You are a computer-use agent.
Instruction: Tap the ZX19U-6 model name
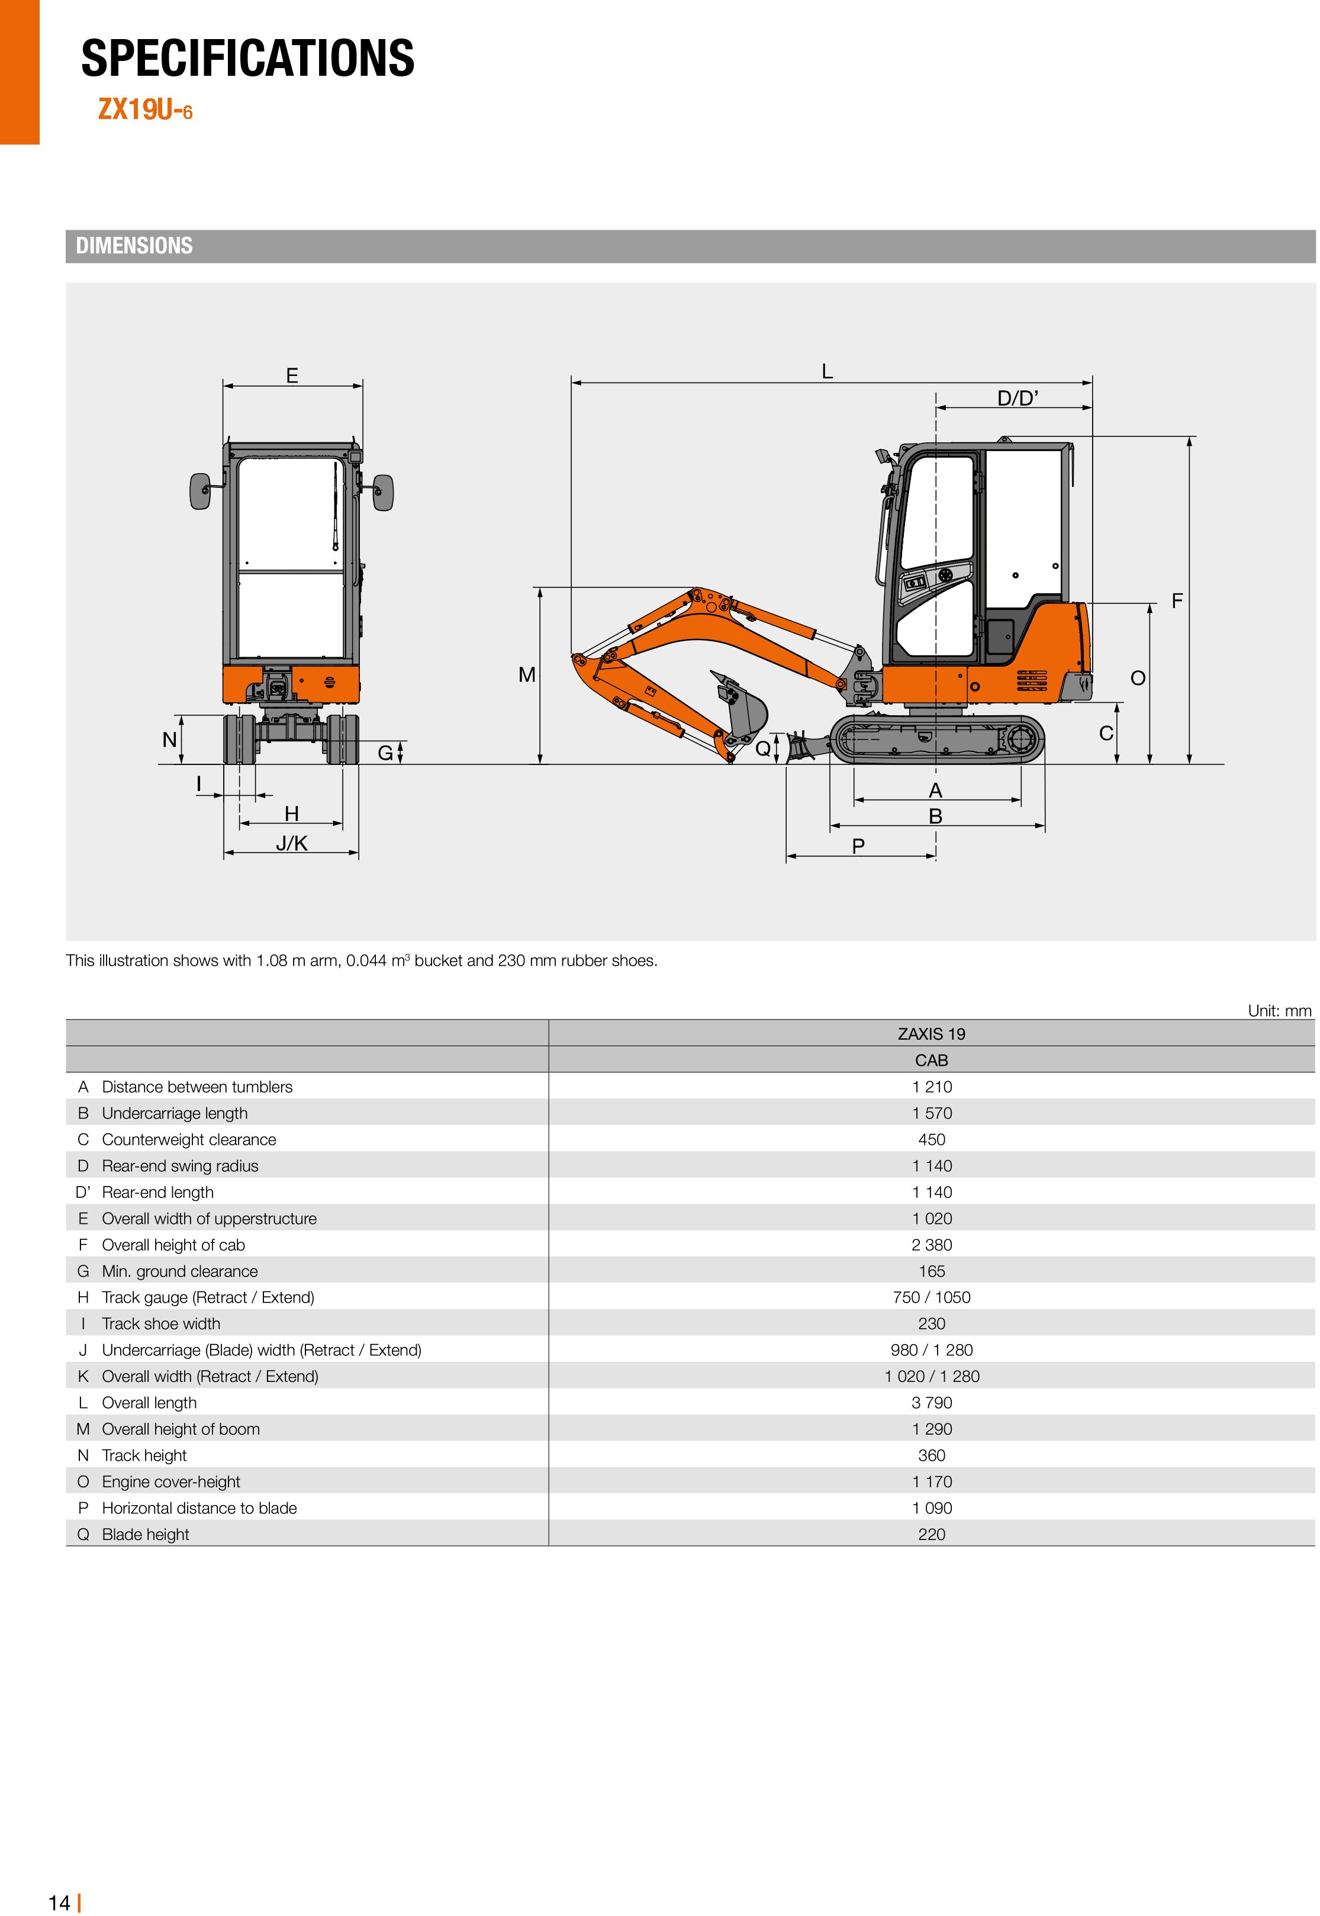[x=145, y=109]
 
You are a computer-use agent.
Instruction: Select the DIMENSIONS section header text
[x=134, y=246]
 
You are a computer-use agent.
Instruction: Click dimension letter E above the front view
[x=292, y=375]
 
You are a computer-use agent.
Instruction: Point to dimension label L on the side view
[x=826, y=371]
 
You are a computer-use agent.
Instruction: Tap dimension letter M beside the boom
[x=527, y=675]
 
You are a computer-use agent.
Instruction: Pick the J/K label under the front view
[x=291, y=843]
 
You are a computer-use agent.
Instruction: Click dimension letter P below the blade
[x=858, y=846]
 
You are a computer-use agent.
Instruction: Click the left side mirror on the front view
[x=200, y=491]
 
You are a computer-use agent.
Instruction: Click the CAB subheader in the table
[x=931, y=1060]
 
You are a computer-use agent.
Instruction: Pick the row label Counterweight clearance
[x=189, y=1140]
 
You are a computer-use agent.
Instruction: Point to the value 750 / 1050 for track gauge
[x=931, y=1297]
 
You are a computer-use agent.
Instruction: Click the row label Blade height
[x=146, y=1535]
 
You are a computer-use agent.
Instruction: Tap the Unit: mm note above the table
[x=1279, y=1011]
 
